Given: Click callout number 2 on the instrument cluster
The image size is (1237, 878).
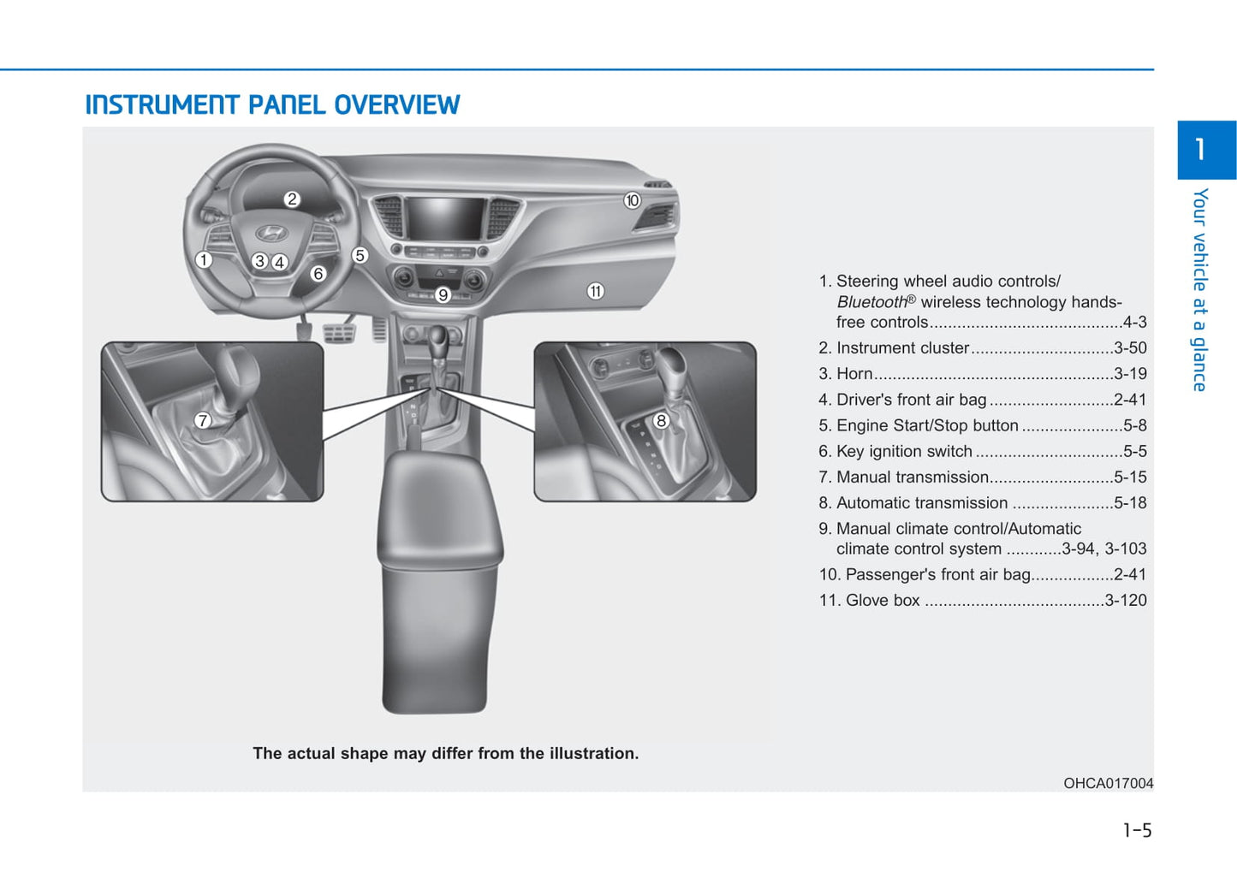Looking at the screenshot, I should coord(292,199).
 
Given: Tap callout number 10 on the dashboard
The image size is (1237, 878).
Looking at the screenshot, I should coord(632,200).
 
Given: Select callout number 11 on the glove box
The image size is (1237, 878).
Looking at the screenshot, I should coord(595,291).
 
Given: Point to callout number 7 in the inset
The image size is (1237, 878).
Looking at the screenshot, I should coord(203,420).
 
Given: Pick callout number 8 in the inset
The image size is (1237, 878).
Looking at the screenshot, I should coord(661,420).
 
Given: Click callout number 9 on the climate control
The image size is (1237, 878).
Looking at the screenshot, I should coord(443,295).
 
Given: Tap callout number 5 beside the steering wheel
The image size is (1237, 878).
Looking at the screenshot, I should coord(360,255).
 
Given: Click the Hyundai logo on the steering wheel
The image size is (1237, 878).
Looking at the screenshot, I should coord(271,233).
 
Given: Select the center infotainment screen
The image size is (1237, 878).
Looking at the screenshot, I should coord(445,218).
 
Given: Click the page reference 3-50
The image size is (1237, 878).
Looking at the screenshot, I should coord(1130,348).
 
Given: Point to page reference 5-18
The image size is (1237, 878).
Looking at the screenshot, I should coord(1130,503).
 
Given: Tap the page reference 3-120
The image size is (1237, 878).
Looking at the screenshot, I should coord(1126,601).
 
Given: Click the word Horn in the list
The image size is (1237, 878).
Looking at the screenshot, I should coord(854,374).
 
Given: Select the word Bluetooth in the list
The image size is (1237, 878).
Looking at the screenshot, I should coord(871,302).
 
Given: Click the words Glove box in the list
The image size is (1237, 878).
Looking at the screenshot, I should coord(883,601).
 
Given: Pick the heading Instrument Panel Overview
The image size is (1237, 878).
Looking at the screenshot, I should coord(272,105).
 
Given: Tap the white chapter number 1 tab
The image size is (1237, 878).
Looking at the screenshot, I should coord(1200,150).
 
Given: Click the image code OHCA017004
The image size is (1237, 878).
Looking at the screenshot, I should coord(1108,783).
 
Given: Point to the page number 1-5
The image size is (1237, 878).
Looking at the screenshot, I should coord(1137,830).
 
